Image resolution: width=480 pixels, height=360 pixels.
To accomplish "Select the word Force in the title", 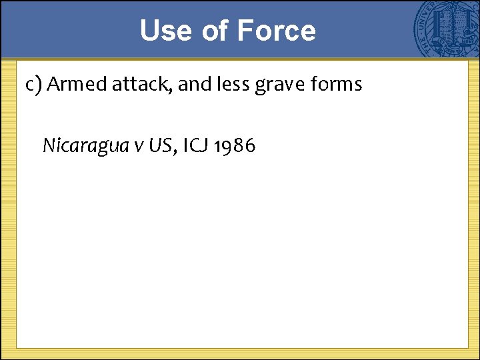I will [276, 31].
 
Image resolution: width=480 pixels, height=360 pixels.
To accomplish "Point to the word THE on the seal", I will [421, 41].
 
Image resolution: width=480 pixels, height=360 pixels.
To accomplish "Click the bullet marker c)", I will [34, 85].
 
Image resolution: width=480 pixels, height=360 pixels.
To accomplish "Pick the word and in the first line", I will [195, 85].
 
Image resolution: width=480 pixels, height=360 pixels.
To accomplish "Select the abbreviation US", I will [159, 145].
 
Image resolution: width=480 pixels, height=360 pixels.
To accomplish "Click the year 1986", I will [234, 145].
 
